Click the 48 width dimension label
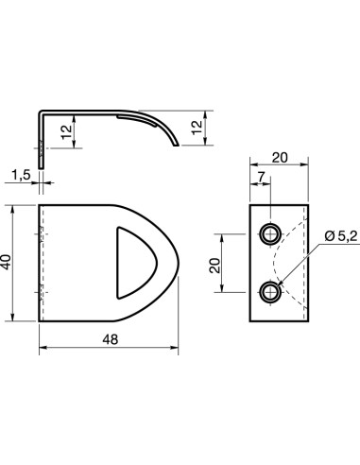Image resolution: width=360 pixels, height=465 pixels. coord(111,339)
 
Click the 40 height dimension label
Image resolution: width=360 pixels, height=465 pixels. coord(6,262)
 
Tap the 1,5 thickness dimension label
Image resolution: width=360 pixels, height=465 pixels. coord(21,175)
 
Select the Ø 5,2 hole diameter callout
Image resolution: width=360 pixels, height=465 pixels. coord(341,235)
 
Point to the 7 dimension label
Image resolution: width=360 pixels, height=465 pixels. coord(261,178)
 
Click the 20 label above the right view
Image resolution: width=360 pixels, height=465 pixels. coord(280,158)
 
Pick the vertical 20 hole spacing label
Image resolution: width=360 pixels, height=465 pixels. coord(214,266)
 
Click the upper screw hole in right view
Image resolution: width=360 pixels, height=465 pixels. coord(270,234)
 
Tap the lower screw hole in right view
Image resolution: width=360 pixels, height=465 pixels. coord(270,292)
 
